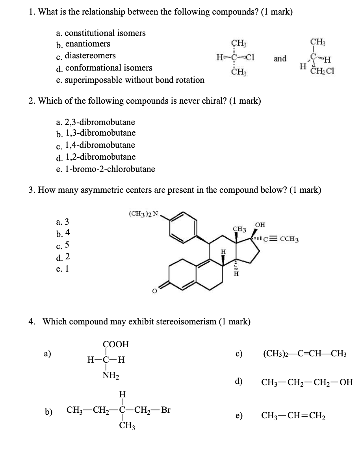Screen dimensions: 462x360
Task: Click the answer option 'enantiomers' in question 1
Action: point(87,44)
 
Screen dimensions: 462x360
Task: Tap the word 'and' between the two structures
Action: point(280,59)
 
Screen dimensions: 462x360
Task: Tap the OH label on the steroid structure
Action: point(260,225)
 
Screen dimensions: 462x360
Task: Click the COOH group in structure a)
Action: point(116,344)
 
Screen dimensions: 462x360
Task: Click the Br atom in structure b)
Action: point(166,409)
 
